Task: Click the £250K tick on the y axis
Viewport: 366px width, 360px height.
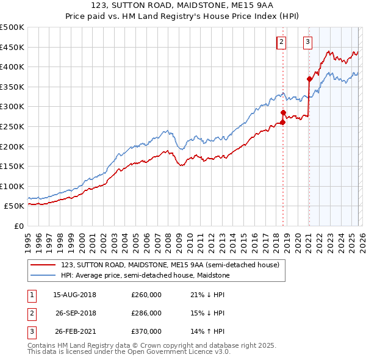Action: (x=12, y=126)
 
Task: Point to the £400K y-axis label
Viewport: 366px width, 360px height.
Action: (x=12, y=67)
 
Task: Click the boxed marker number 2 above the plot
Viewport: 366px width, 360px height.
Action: (x=281, y=42)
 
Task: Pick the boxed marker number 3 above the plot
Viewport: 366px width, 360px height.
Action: (x=307, y=42)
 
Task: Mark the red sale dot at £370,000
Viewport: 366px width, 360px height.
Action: (x=309, y=79)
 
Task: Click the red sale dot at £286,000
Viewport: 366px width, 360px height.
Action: (x=283, y=112)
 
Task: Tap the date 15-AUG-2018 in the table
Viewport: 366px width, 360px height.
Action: (x=74, y=295)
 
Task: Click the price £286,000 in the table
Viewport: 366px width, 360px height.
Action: (x=146, y=313)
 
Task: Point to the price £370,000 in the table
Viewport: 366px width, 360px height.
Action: (x=146, y=331)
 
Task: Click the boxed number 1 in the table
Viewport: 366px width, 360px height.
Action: (x=30, y=295)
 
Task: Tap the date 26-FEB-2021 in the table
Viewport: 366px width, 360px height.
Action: (x=74, y=331)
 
